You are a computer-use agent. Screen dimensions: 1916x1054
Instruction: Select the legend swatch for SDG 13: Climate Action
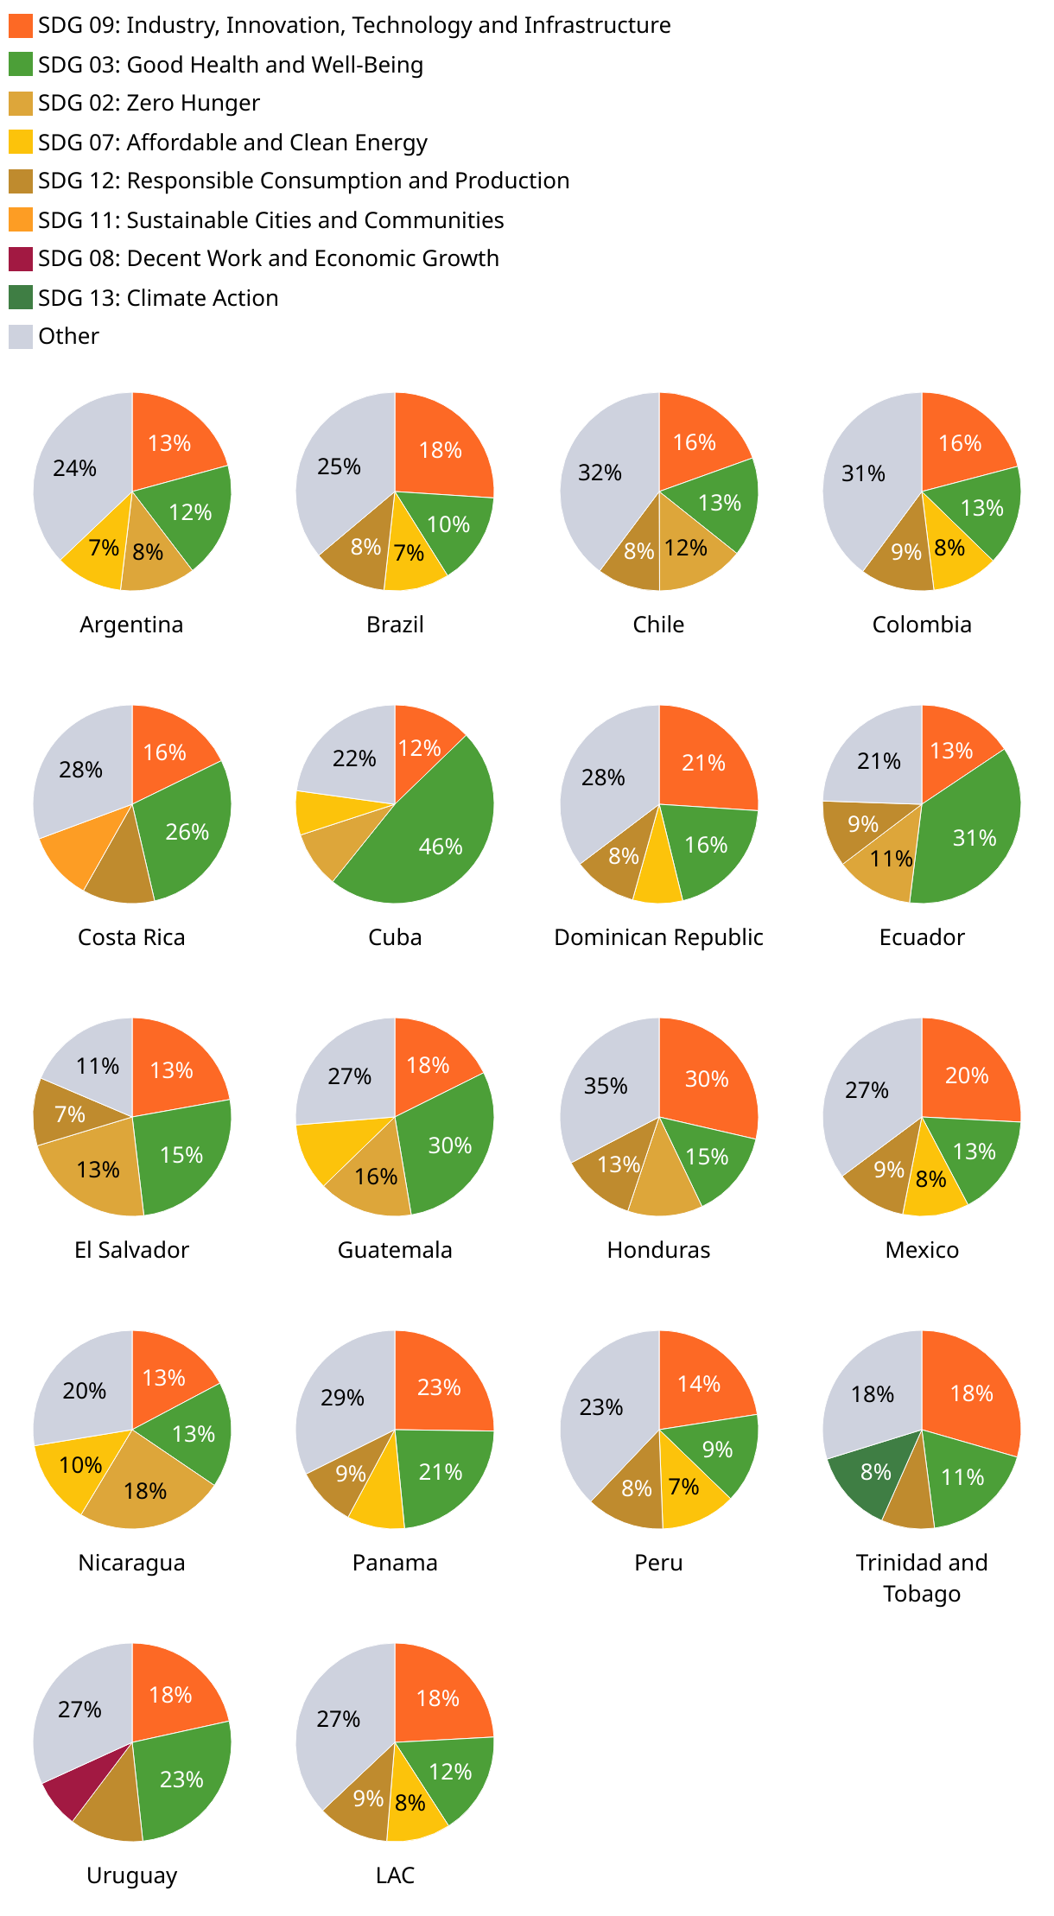(22, 297)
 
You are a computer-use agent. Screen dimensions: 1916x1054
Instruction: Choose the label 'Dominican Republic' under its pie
(658, 937)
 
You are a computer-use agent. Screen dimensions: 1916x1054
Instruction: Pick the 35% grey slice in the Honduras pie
(605, 1086)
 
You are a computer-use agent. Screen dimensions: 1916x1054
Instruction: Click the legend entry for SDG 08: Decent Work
(268, 258)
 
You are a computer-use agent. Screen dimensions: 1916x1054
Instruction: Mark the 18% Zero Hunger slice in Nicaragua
(145, 1488)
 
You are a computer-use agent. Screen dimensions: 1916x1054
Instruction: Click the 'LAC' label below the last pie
(395, 1875)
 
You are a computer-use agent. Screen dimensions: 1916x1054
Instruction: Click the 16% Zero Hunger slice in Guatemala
(376, 1177)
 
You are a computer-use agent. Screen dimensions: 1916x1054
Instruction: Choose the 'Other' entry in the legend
(67, 336)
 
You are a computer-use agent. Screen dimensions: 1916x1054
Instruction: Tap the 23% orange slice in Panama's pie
(439, 1387)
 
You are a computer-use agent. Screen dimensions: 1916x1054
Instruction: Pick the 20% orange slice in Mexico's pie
(967, 1075)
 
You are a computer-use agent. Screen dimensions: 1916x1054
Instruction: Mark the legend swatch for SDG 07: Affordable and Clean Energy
(22, 142)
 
